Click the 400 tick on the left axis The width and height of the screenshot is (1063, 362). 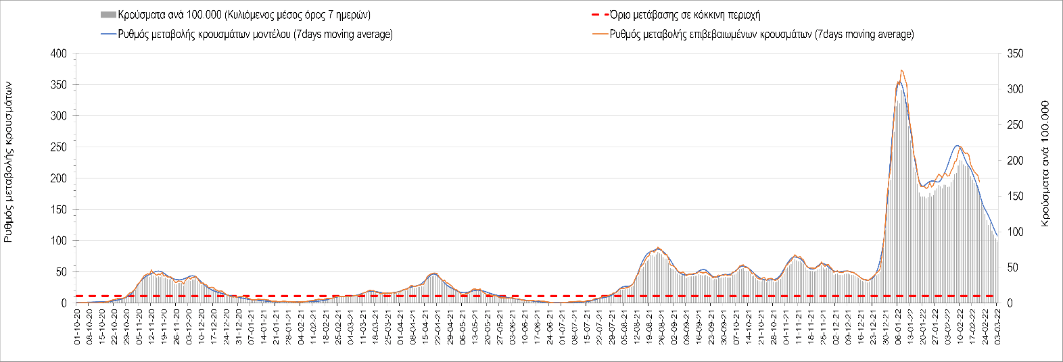click(60, 54)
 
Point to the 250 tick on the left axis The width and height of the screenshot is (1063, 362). click(60, 147)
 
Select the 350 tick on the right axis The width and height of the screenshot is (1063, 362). click(1015, 54)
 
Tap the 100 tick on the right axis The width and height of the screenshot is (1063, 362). click(1015, 232)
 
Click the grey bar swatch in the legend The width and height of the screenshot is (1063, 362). click(108, 15)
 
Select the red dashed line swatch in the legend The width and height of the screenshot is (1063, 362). click(599, 15)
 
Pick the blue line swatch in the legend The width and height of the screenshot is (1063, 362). click(108, 34)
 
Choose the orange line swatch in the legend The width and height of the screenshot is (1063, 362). click(599, 34)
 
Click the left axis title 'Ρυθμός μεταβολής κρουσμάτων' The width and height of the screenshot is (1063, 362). click(9, 162)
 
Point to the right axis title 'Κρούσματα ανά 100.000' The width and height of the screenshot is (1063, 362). click(1045, 163)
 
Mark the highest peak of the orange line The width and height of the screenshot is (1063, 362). click(901, 70)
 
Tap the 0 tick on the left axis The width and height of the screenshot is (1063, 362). click(64, 303)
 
